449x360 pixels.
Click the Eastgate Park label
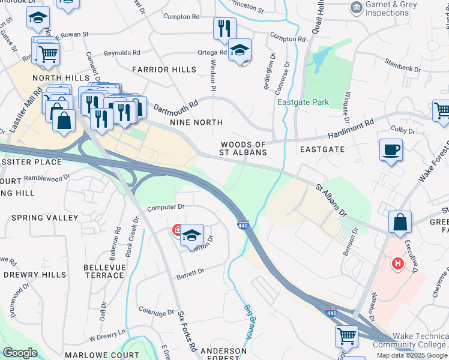(x=303, y=102)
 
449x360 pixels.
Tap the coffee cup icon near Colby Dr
(x=391, y=149)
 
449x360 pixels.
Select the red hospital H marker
(x=397, y=263)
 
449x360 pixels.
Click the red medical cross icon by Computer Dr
(x=177, y=230)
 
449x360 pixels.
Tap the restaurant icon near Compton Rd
(x=224, y=28)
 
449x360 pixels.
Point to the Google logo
(x=20, y=353)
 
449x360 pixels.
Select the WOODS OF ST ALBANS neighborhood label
(x=243, y=148)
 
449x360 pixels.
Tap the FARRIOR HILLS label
(x=160, y=70)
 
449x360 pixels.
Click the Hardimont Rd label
(x=352, y=128)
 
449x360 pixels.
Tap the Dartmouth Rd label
(x=175, y=109)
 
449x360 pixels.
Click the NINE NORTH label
(x=196, y=122)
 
